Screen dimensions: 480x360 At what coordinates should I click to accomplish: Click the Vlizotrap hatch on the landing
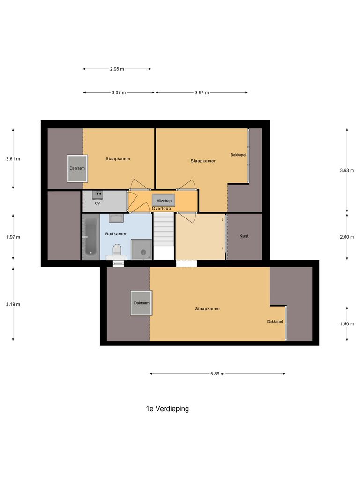(x=163, y=200)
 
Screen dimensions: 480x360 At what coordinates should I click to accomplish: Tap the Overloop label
(x=161, y=208)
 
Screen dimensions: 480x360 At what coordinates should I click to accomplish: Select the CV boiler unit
(x=97, y=194)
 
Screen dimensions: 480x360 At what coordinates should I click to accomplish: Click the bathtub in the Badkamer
(x=90, y=237)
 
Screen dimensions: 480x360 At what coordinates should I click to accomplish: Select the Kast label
(x=244, y=236)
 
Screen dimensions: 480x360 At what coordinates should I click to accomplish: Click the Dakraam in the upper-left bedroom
(x=77, y=168)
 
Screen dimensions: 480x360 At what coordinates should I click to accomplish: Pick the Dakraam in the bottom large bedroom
(x=141, y=303)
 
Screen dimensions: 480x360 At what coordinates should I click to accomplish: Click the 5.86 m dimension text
(x=217, y=374)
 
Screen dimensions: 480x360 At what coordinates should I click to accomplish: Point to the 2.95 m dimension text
(x=117, y=69)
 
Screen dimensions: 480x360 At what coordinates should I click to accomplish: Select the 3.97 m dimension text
(x=202, y=93)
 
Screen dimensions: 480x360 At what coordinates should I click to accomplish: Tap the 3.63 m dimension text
(x=347, y=170)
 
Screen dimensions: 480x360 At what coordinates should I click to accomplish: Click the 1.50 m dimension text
(x=347, y=324)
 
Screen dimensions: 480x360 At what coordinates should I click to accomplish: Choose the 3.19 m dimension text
(x=13, y=304)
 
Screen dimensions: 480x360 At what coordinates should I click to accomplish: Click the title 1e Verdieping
(x=167, y=409)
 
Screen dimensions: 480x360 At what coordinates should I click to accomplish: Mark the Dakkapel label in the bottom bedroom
(x=275, y=322)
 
